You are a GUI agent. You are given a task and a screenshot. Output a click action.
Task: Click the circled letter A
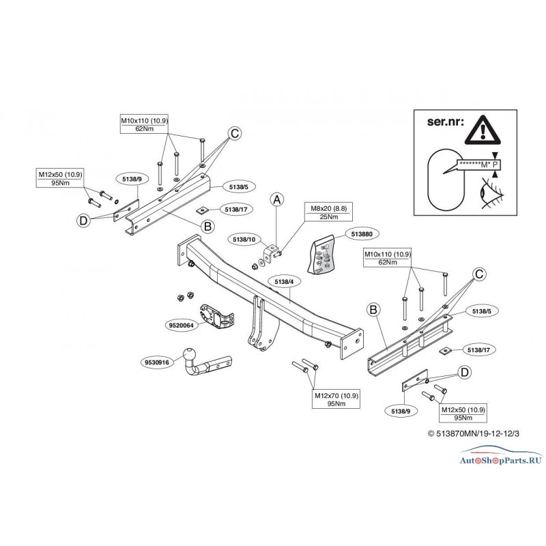[x=277, y=199]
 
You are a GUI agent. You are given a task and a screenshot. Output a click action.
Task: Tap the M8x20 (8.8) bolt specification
[x=320, y=208]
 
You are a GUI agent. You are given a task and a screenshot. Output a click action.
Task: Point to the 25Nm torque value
[x=320, y=218]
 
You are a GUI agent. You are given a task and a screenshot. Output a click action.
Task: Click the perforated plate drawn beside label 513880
[x=324, y=255]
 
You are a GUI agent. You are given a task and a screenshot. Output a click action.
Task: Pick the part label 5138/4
[x=283, y=281]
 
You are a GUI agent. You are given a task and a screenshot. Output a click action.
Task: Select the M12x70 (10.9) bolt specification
[x=332, y=395]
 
